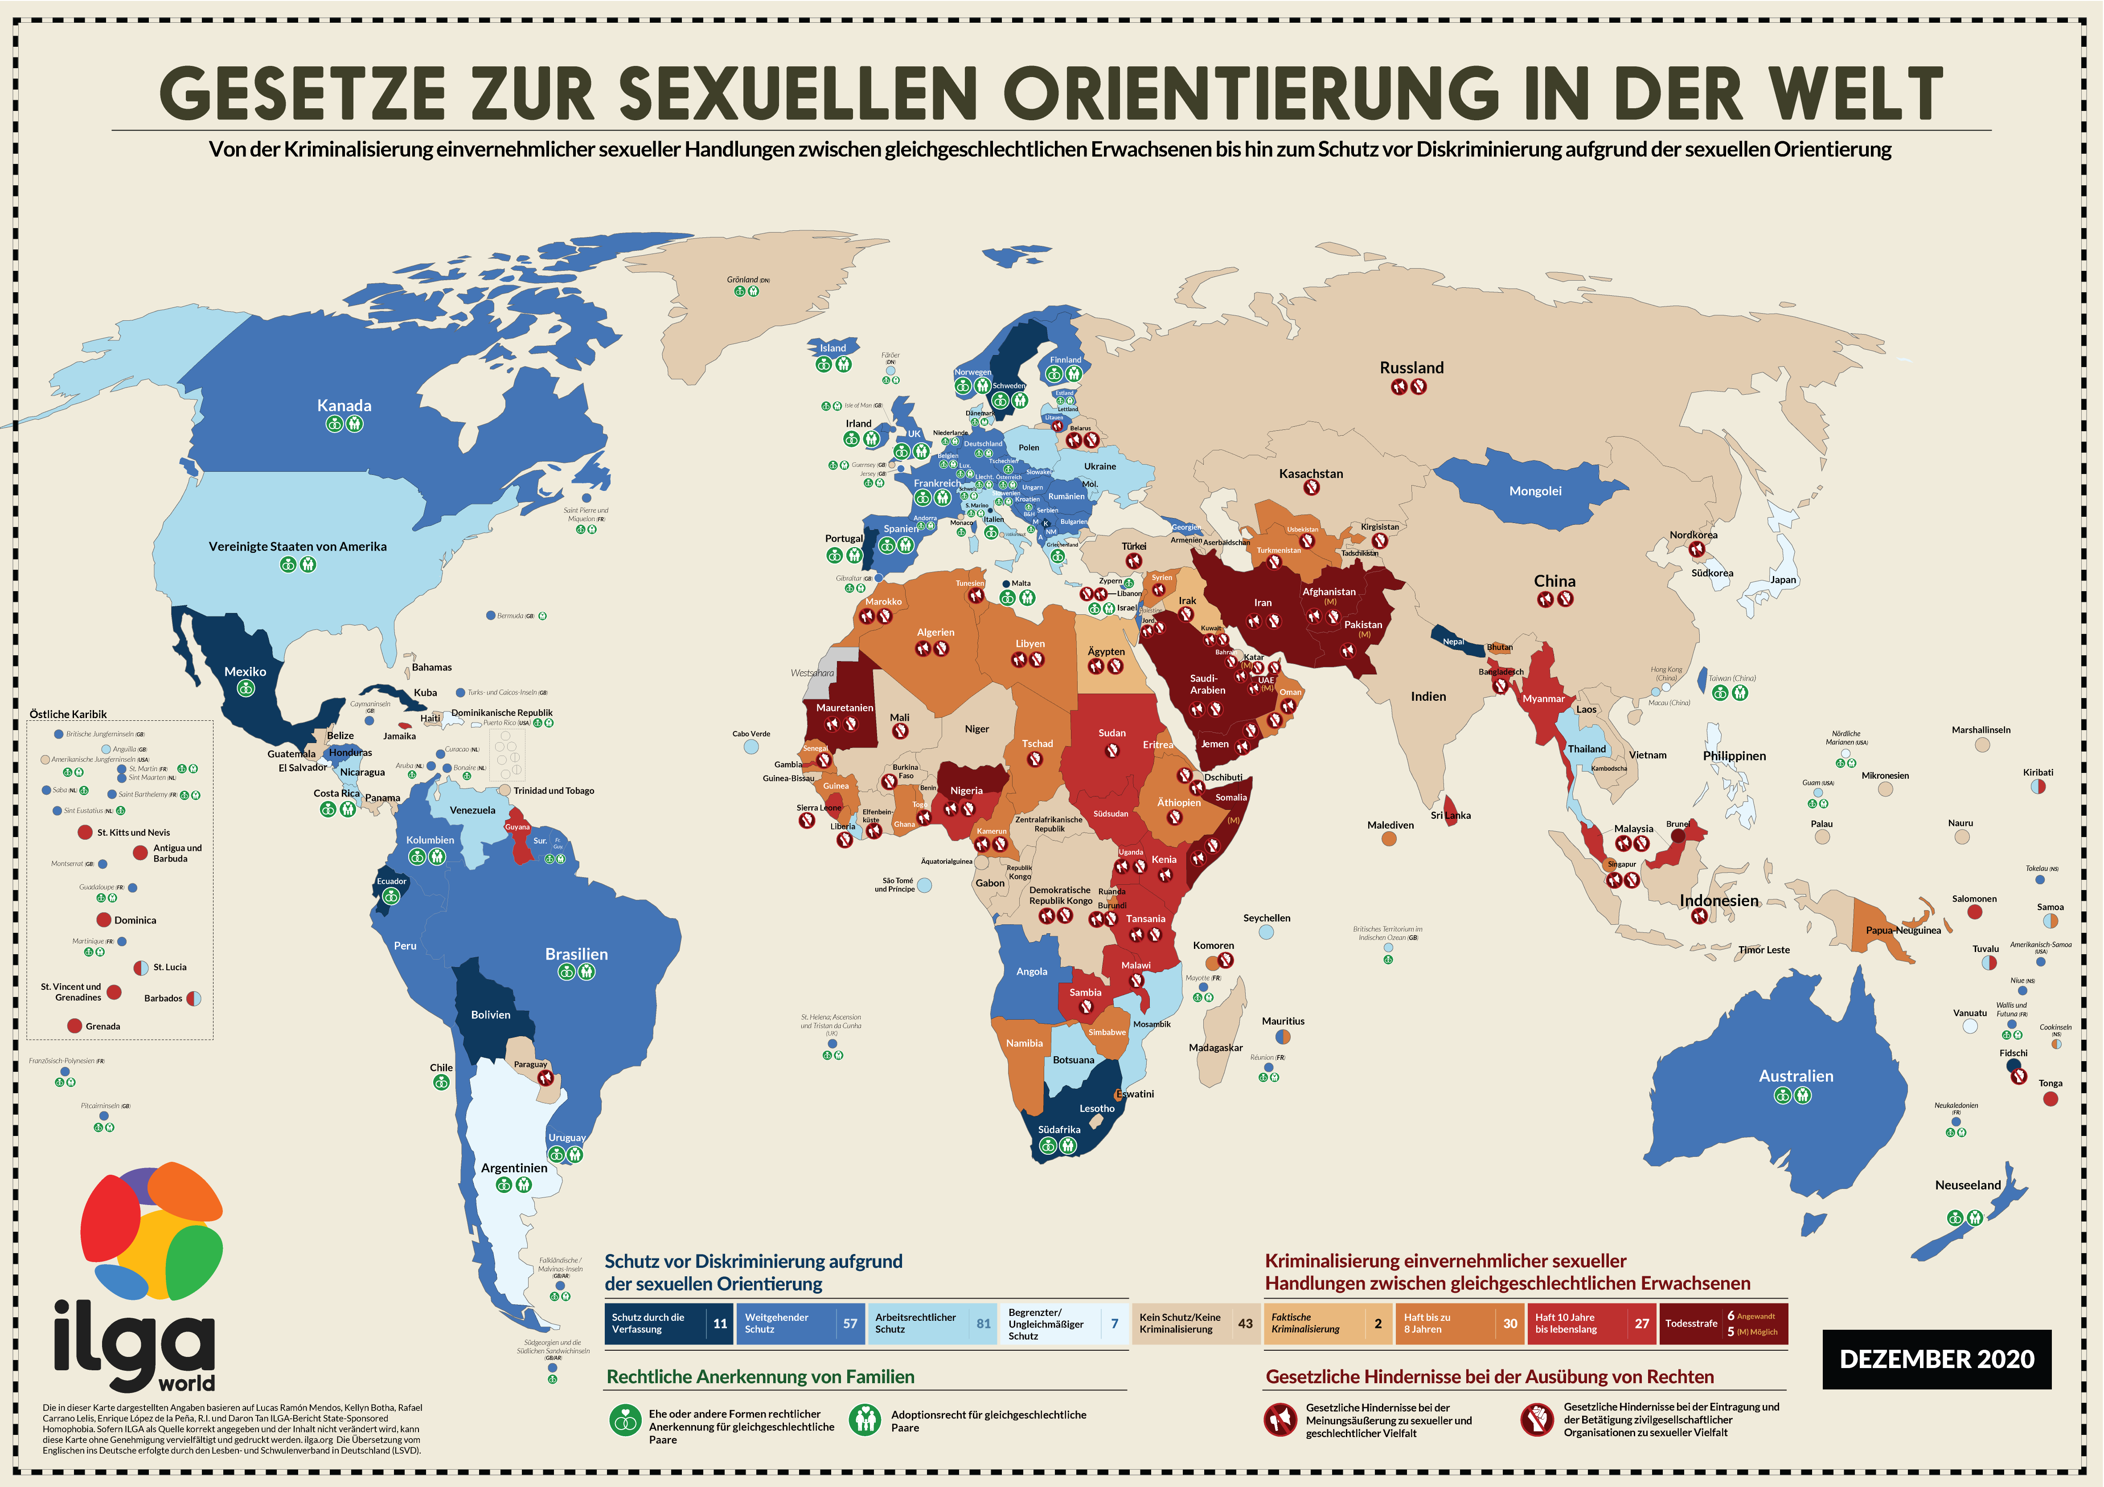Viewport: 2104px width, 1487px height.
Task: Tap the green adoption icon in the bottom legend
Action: (864, 1420)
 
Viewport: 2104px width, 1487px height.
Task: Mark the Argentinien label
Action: (514, 1168)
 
